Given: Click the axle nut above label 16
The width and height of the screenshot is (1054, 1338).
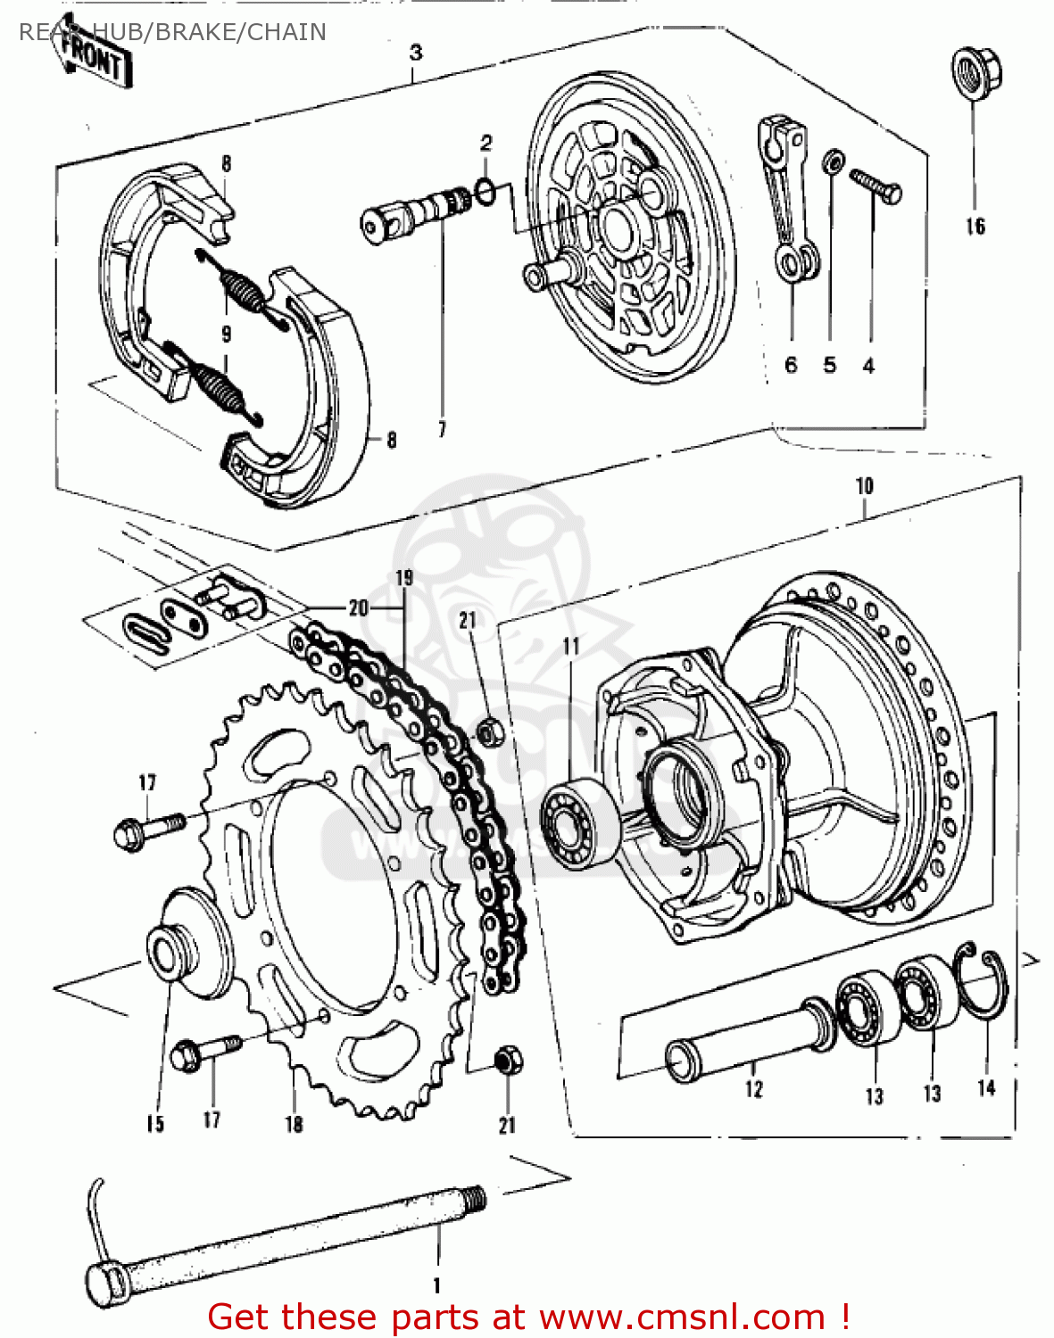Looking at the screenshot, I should coord(975,73).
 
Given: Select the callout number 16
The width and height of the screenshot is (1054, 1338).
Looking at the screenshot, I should coord(975,227).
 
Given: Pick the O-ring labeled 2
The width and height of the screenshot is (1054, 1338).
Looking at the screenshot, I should coord(486,190).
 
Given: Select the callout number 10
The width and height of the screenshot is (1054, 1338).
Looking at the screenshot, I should coord(864,486).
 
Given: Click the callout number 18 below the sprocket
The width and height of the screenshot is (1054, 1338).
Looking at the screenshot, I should coord(294,1124).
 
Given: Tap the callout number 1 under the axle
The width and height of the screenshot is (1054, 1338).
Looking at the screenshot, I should coord(436,1285).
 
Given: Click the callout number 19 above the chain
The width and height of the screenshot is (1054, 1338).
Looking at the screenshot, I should coord(404,577).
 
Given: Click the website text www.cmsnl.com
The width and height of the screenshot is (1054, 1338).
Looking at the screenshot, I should coord(682,1317).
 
